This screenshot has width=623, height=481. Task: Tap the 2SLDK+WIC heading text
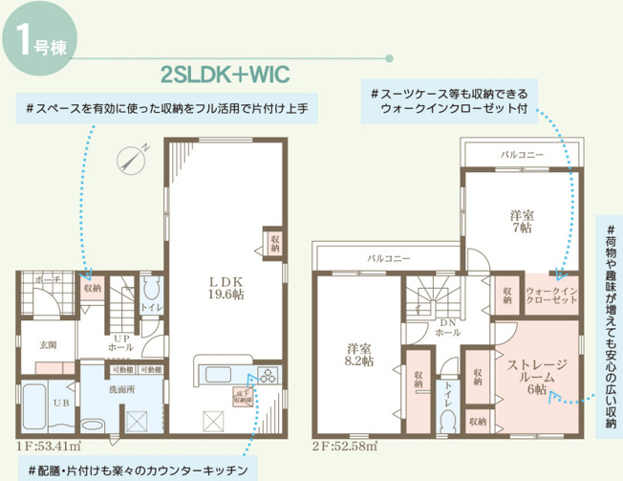pos(226,74)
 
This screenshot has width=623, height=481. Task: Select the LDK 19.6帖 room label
pos(227,288)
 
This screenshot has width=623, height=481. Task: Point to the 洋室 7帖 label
pos(521,221)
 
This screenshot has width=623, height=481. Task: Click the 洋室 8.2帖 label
pos(358,355)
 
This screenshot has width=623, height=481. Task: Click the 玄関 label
pos(49,344)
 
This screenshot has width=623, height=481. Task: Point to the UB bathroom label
pos(59,404)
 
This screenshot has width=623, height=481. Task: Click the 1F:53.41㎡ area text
pos(45,446)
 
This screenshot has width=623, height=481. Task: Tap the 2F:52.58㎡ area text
pos(344,446)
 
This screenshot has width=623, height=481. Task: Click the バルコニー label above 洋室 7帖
pos(522,154)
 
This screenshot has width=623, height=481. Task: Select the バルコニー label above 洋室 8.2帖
pos(388,258)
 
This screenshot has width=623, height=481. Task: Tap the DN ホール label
pos(447,328)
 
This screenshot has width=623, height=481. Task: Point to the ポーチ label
pos(47,279)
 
